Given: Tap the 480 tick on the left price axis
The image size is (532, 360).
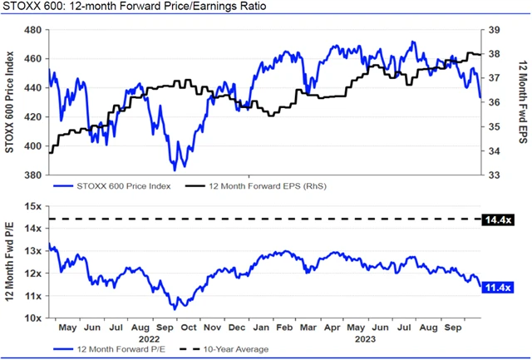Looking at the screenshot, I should click(33, 30).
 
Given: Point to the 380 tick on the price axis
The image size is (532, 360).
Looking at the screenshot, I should click(33, 175).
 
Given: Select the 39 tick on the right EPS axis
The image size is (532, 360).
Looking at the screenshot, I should click(493, 30).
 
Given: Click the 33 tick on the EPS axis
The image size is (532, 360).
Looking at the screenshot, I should click(493, 175).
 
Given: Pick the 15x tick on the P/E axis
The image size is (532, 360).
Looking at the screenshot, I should click(33, 206).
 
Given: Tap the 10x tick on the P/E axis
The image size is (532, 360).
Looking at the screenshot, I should click(33, 318).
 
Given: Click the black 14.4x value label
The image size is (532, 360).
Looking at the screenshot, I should click(497, 219).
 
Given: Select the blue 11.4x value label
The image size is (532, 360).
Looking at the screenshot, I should click(497, 287).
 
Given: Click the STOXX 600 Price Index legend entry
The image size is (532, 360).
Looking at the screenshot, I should click(123, 186).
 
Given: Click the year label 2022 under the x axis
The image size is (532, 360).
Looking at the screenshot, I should click(150, 339).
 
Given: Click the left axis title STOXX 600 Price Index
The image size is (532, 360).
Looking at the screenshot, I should click(9, 102).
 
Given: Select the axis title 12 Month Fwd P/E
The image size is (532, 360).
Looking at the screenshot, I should click(9, 262).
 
